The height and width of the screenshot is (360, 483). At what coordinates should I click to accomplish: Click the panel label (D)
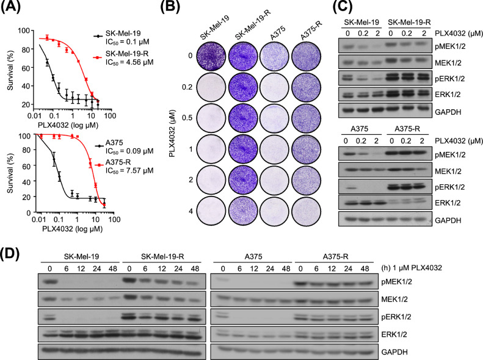13,249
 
